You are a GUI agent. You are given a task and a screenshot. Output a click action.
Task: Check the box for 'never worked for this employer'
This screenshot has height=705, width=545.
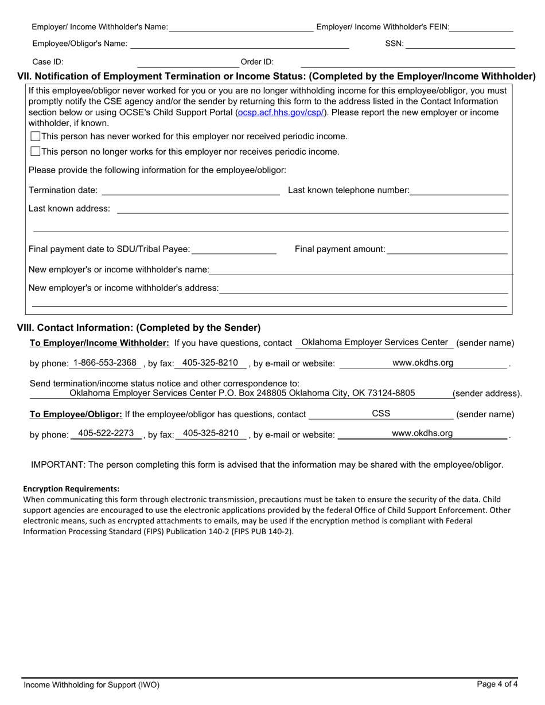coord(35,136)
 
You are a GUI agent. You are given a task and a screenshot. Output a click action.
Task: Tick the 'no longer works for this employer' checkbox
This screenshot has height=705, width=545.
coord(35,152)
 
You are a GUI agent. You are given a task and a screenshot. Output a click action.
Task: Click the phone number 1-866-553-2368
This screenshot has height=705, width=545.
coord(105,363)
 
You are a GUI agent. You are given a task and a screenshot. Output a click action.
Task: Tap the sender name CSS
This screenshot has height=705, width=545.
coord(381,413)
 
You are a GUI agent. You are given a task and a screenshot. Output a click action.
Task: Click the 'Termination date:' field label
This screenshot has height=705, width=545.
coord(63,190)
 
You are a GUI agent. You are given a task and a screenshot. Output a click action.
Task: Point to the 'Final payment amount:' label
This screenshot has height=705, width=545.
coord(340,249)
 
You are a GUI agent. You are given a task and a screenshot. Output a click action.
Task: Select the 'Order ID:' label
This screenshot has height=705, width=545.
coord(257,62)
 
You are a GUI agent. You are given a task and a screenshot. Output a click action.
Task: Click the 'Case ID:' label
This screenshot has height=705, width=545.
coord(48,62)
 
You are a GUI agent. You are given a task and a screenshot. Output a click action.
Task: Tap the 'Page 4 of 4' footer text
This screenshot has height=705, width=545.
coord(497,683)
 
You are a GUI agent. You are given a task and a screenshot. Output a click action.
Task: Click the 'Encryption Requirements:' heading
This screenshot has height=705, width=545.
coord(71,489)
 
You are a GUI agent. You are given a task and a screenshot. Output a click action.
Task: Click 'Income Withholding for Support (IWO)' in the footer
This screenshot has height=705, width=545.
coord(91,684)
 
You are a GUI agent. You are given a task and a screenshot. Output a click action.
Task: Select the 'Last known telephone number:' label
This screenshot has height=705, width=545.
coord(348,190)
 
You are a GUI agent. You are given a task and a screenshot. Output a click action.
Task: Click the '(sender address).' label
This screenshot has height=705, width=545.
coord(487,394)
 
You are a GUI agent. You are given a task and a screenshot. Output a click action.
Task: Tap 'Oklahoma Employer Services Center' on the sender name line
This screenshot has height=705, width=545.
coord(374,342)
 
